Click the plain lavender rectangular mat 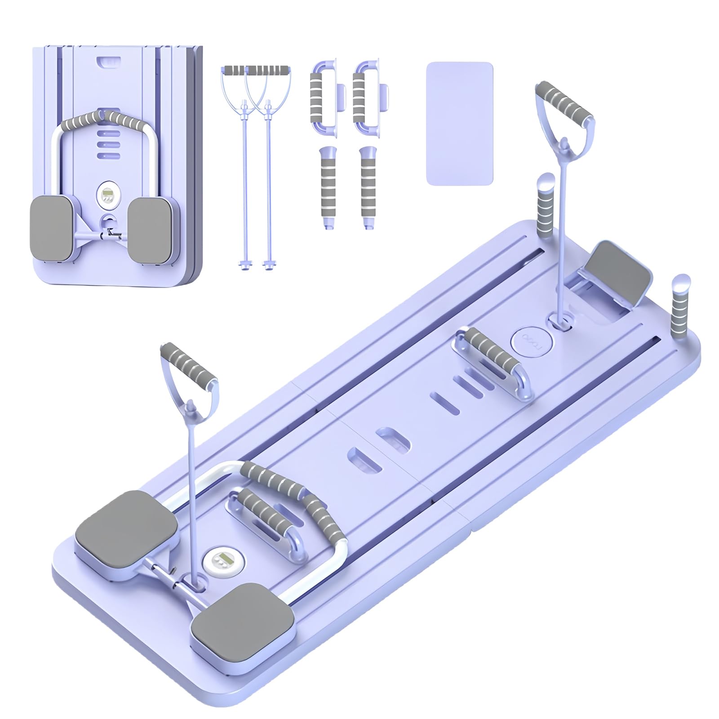tap(459, 123)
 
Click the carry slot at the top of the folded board tap(106, 61)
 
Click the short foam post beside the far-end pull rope tap(546, 201)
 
